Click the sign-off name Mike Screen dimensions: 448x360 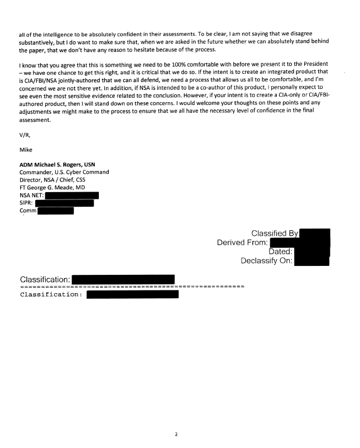(25, 150)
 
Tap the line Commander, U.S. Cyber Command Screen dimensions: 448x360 (64, 172)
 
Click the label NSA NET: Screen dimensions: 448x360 (31, 196)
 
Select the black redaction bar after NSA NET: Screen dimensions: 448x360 (72, 196)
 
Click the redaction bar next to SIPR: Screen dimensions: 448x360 (64, 203)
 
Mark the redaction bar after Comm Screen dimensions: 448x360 (55, 211)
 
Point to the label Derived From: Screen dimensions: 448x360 (243, 242)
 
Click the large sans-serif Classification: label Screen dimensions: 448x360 (45, 279)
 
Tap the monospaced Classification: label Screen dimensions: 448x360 (51, 294)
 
